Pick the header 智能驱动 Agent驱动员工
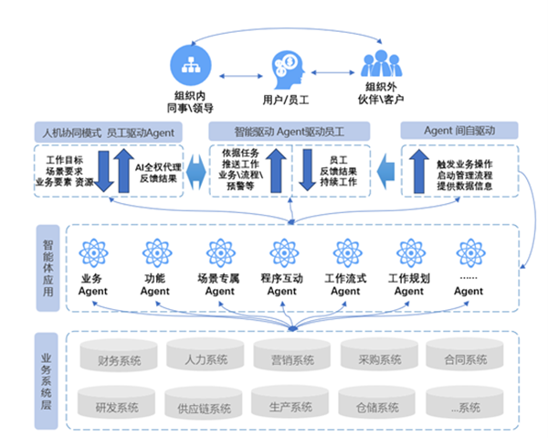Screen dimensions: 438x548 [289, 131]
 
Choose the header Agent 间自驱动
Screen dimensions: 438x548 [459, 131]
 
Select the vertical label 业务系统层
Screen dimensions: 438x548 [47, 379]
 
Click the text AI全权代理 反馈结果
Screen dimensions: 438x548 [159, 173]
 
